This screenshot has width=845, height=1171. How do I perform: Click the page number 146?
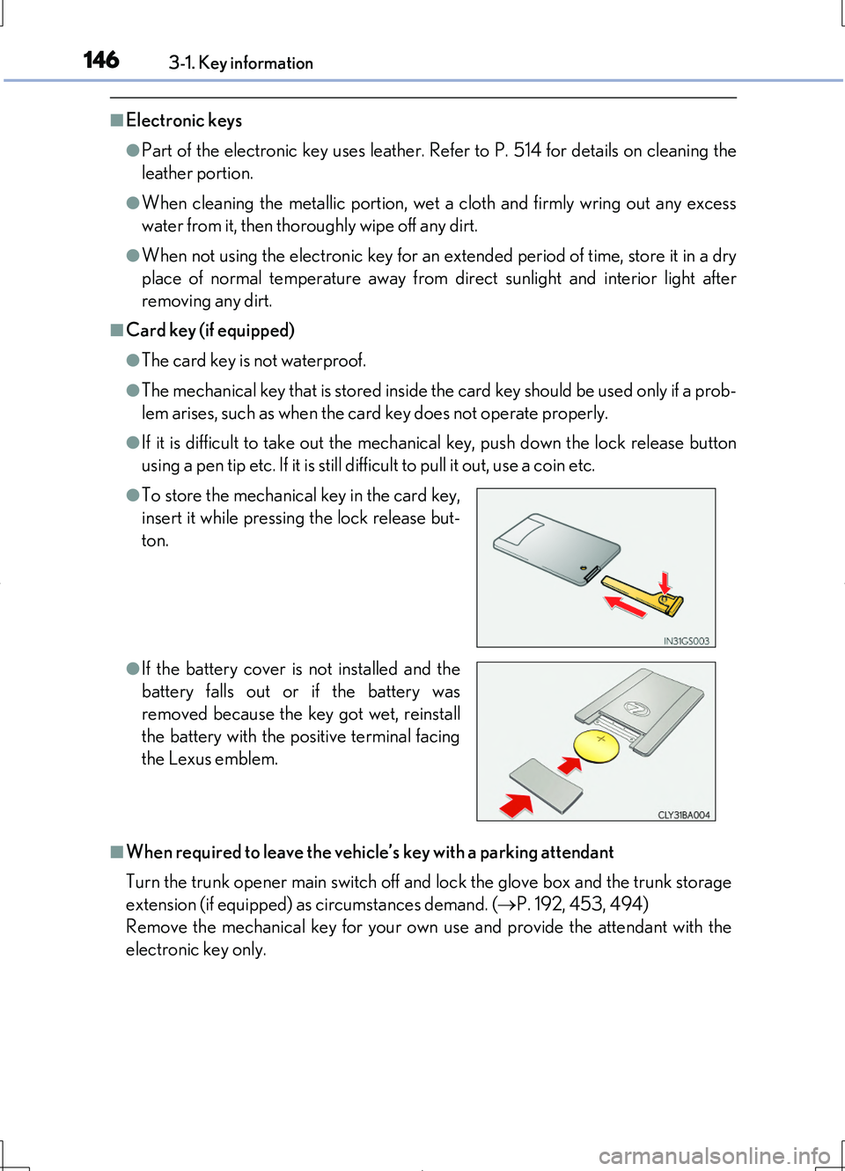[101, 60]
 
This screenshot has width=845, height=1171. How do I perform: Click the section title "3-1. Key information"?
[241, 63]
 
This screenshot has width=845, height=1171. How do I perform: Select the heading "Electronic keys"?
[184, 121]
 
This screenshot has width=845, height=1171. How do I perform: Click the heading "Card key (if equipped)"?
[210, 331]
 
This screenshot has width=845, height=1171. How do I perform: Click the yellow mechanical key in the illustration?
[643, 593]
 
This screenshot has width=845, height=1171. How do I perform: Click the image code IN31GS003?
[686, 640]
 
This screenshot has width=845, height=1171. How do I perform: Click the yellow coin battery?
[597, 745]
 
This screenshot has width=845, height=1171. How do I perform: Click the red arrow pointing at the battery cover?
[518, 803]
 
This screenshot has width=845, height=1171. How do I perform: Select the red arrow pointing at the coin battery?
[570, 765]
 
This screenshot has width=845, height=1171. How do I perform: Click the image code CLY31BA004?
[684, 815]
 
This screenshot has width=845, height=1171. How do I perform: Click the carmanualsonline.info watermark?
[715, 1156]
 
